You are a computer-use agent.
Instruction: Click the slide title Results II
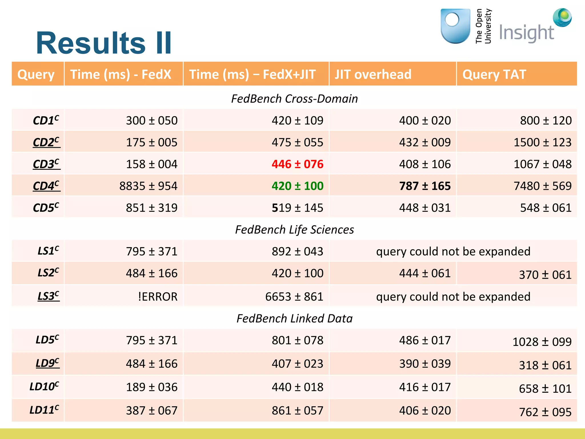point(104,43)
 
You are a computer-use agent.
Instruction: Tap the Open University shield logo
point(455,26)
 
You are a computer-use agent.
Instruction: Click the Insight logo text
point(526,33)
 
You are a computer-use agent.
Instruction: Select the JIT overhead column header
point(373,74)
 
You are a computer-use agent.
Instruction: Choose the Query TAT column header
point(494,74)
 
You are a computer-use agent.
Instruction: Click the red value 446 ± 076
point(297,164)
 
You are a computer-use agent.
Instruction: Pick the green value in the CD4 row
point(297,186)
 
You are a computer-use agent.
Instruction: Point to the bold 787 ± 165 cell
point(425,186)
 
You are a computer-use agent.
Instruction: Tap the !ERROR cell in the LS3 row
point(157,296)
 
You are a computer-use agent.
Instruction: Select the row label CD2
point(46,142)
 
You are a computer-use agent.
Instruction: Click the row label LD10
point(44,386)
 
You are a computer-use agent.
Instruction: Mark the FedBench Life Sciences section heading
point(294,230)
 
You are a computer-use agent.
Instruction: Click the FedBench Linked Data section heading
point(294,318)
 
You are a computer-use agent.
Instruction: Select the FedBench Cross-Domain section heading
point(294,99)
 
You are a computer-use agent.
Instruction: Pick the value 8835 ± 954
point(148,186)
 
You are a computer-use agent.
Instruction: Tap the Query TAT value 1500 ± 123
point(542,142)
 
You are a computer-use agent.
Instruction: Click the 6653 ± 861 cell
point(294,296)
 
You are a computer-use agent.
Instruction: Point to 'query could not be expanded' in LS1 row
point(453,251)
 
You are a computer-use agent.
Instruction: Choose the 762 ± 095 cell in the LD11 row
point(545,412)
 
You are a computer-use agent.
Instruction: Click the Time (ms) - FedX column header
point(121,74)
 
